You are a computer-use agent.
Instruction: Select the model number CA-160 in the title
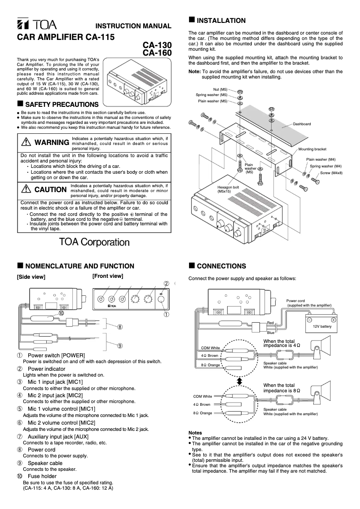click(x=157, y=53)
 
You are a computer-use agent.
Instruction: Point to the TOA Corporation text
click(x=94, y=242)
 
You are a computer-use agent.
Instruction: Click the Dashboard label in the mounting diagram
click(x=302, y=124)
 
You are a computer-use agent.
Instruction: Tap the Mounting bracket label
click(x=312, y=149)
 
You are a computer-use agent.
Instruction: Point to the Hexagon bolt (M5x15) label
click(x=227, y=189)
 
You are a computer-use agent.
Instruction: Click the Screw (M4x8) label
click(x=331, y=173)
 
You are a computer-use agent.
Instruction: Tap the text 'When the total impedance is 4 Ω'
click(x=281, y=343)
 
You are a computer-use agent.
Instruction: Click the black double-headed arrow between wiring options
click(x=240, y=381)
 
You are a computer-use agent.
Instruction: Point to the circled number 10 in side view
click(x=61, y=313)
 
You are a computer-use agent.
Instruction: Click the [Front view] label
click(x=108, y=276)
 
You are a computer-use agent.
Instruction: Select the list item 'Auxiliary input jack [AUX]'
click(x=58, y=436)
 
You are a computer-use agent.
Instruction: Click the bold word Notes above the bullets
click(x=195, y=433)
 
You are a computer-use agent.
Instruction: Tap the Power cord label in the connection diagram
click(x=295, y=301)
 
